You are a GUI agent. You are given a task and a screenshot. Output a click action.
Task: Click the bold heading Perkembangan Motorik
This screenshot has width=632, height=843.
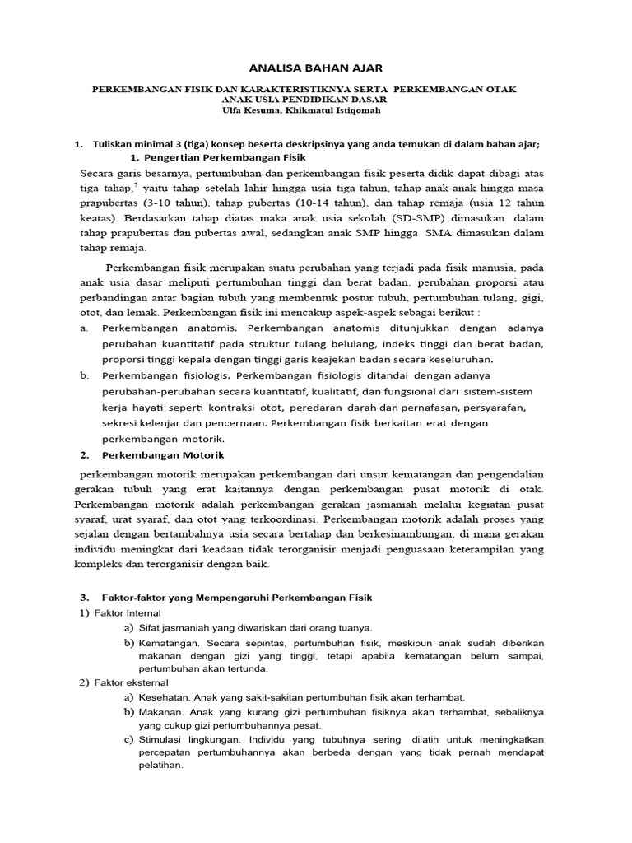(x=163, y=454)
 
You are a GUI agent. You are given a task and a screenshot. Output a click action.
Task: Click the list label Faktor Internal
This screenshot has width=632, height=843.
(x=128, y=612)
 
